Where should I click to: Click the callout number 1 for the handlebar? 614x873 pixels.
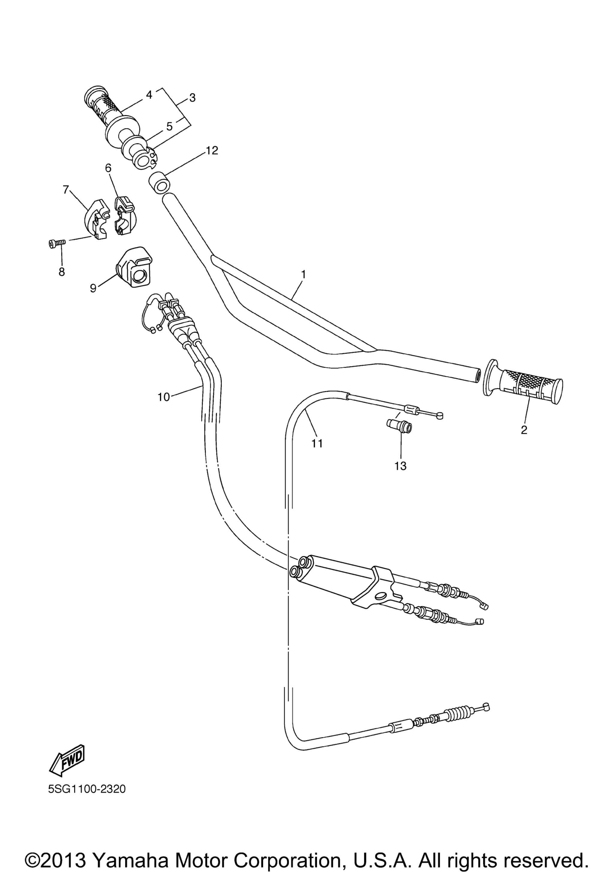(303, 274)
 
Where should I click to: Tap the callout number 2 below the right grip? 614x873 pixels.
(524, 430)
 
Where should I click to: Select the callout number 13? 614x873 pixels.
(401, 466)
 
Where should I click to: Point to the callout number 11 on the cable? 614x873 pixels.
(317, 443)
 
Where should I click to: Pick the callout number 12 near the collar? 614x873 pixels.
(212, 151)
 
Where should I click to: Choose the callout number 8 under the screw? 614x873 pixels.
(62, 272)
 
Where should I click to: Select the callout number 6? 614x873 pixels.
(109, 168)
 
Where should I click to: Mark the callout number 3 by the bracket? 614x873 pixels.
(192, 98)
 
